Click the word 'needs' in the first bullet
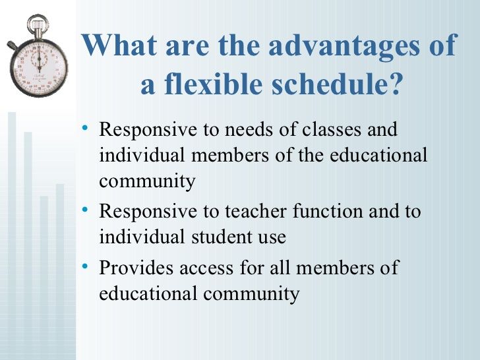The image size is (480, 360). (247, 129)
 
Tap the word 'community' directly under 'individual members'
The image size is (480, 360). (147, 181)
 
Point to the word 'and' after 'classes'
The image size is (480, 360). (382, 129)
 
